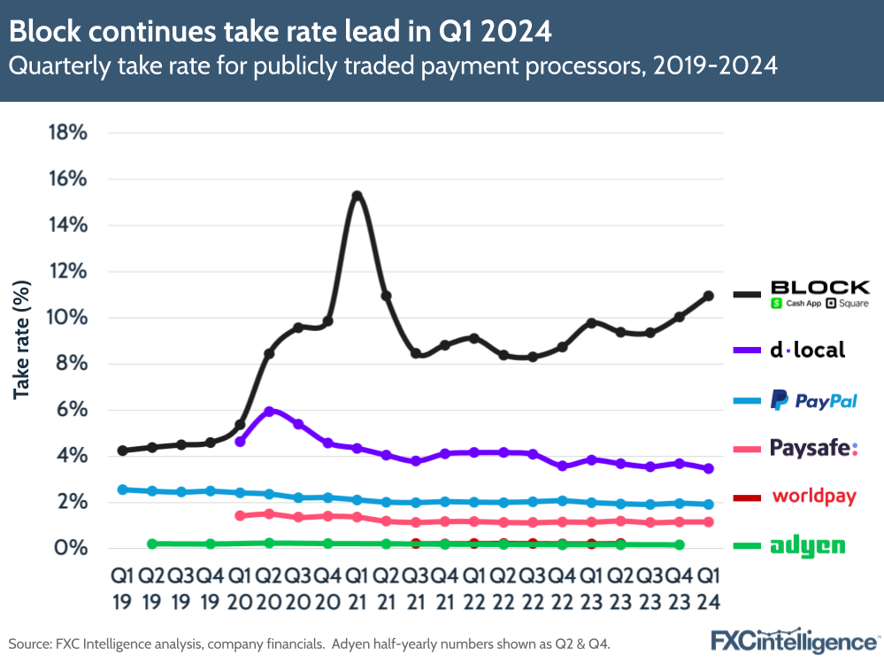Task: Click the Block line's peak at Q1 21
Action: tap(357, 196)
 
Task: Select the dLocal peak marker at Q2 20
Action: tap(269, 412)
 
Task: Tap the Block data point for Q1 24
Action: tap(709, 296)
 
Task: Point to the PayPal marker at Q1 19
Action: tap(123, 489)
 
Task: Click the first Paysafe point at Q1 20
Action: tap(240, 515)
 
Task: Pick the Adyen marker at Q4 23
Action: tap(679, 545)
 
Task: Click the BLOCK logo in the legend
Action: tap(819, 294)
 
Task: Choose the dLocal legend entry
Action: tap(807, 350)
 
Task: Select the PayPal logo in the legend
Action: tap(813, 400)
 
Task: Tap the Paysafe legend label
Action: tap(813, 449)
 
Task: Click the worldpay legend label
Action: tap(814, 496)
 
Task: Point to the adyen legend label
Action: tap(807, 546)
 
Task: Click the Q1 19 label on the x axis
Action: tap(123, 588)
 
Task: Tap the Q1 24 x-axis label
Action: tap(708, 588)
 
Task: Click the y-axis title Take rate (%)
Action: tap(21, 340)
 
